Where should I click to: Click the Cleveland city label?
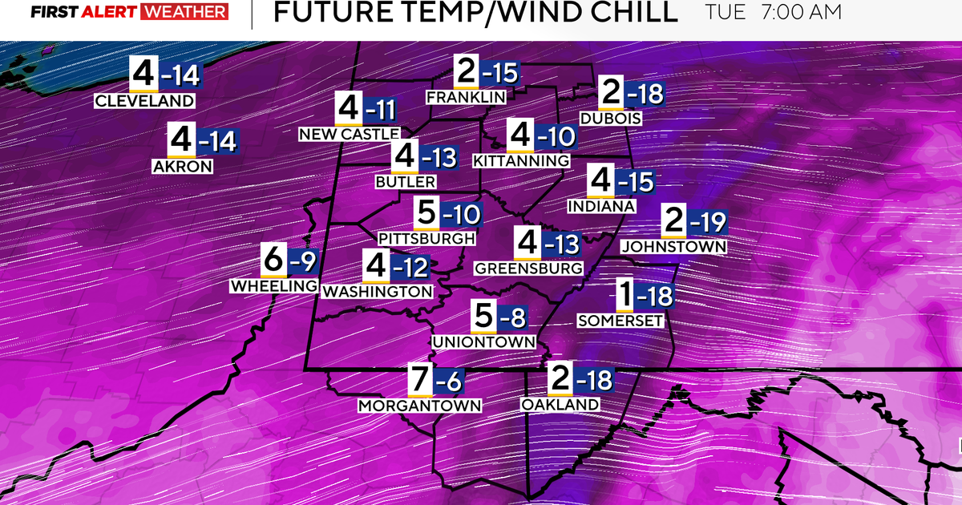tap(144, 101)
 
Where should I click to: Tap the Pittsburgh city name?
tap(426, 238)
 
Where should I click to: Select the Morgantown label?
tap(420, 406)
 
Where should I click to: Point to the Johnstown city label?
tap(673, 247)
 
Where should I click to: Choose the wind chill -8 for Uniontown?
tap(514, 318)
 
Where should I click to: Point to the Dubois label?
tap(612, 119)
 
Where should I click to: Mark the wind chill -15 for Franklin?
tap(500, 72)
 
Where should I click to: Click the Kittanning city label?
tap(521, 161)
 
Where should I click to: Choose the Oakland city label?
tap(560, 405)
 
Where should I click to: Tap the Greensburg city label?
tap(528, 268)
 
